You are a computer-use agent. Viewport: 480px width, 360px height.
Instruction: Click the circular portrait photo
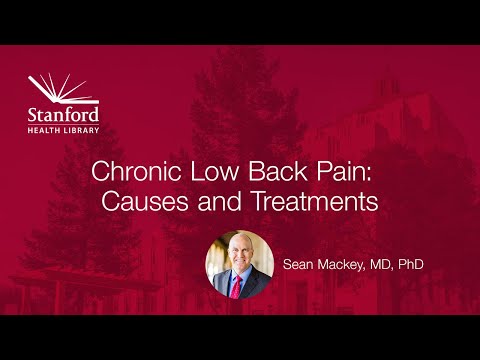point(240,264)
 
